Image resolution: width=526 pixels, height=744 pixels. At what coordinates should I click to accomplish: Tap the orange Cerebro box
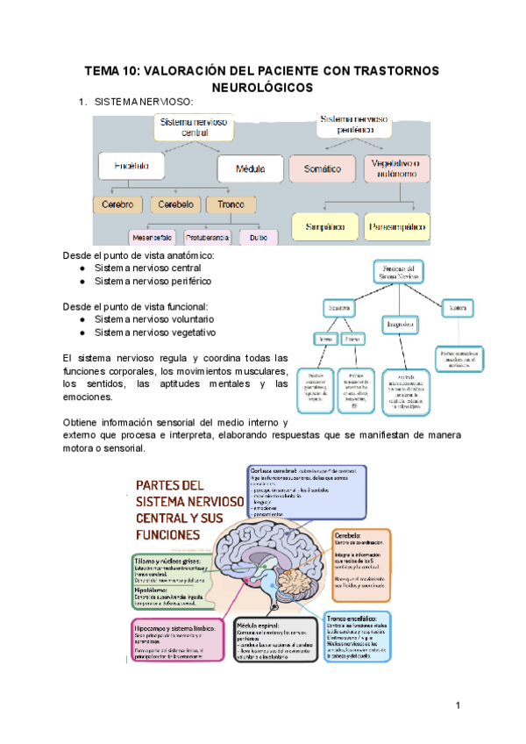(x=117, y=205)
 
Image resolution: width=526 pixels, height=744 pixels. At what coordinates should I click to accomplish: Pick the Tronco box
(x=231, y=205)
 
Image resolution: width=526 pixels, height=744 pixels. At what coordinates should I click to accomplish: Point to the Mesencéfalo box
(x=151, y=237)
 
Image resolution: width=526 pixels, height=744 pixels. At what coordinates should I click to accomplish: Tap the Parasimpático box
(x=396, y=226)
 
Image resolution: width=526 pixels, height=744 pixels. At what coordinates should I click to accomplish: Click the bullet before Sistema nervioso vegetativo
(x=82, y=333)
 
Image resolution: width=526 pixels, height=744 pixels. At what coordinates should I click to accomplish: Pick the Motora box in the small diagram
(x=457, y=309)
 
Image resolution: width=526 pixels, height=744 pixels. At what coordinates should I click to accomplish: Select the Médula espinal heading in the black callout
(x=260, y=626)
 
